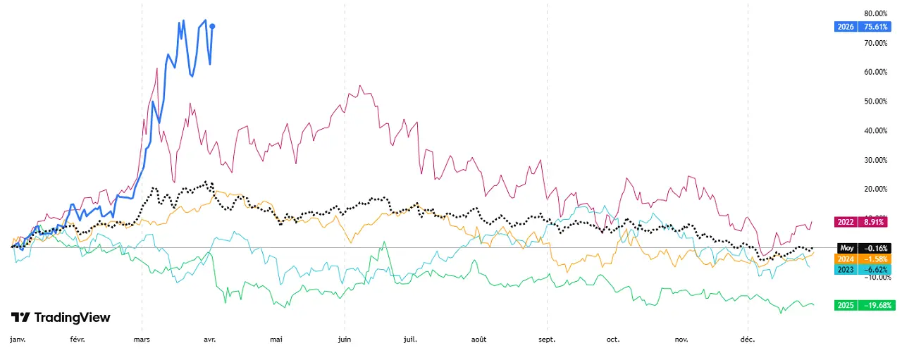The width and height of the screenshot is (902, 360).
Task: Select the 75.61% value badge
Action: tap(877, 27)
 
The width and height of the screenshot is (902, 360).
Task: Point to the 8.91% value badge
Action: tap(877, 221)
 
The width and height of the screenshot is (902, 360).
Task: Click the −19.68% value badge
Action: tap(877, 305)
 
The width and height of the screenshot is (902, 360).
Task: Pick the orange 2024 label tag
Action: tap(846, 259)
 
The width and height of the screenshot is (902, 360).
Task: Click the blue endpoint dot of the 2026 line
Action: tap(213, 26)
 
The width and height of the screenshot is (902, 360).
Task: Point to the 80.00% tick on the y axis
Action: tap(877, 13)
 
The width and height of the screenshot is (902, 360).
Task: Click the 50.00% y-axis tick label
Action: tap(877, 101)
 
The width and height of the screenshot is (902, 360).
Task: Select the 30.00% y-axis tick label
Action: tap(877, 159)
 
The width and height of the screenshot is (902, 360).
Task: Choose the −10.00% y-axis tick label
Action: tap(877, 276)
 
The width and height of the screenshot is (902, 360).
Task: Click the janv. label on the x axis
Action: tap(18, 340)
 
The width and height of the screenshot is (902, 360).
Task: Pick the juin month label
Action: tap(344, 340)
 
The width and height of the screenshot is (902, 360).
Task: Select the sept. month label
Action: tap(547, 340)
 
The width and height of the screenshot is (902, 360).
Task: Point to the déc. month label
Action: tap(747, 340)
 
